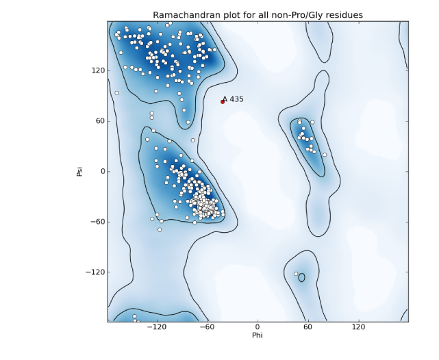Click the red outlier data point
[x=223, y=102]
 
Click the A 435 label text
[x=234, y=99]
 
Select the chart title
[x=258, y=15]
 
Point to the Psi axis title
[x=79, y=171]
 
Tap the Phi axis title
[x=258, y=336]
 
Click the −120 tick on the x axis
[x=157, y=328]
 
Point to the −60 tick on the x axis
[x=207, y=328]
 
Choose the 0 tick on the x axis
[x=258, y=328]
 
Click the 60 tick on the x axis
[x=308, y=328]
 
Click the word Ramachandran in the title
[x=186, y=15]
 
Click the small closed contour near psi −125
[x=302, y=277]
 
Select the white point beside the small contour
[x=296, y=274]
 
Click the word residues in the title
[x=344, y=15]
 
